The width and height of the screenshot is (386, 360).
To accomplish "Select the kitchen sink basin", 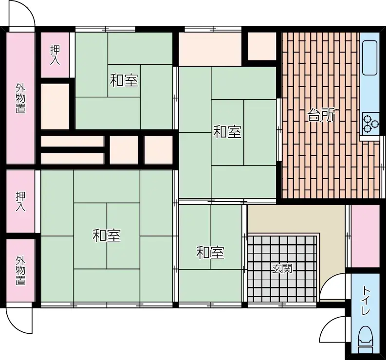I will point(370,57).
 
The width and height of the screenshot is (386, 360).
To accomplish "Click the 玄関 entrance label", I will point(282,268).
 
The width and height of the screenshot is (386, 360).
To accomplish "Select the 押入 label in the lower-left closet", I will point(20,201).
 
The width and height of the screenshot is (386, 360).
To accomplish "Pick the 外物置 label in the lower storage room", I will point(20,270).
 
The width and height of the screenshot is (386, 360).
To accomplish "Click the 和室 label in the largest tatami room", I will point(107,236).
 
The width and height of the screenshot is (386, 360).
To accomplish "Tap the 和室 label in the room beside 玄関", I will point(210,252).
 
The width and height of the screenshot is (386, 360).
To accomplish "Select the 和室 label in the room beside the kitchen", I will point(227,131).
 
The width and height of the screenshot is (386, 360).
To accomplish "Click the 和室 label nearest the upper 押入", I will point(124,80).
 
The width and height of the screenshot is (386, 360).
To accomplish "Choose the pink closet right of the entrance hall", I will point(365,235).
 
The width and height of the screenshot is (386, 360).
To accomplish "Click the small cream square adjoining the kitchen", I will point(262,47).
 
